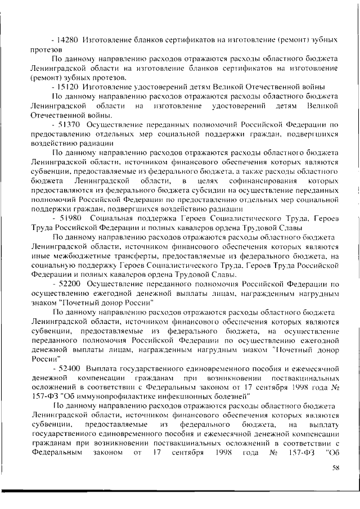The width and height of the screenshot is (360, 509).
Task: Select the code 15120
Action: pyautogui.click(x=68, y=87)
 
